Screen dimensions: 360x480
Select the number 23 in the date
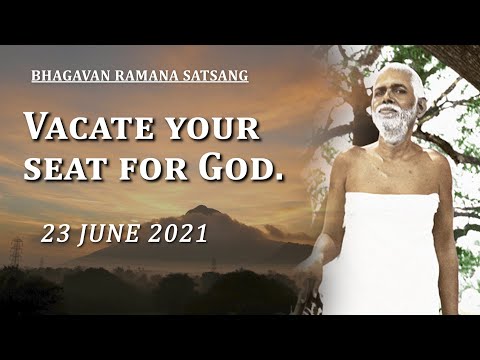tap(56, 236)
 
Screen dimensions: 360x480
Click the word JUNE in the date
tap(109, 236)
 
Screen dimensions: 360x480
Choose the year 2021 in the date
tap(177, 236)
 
